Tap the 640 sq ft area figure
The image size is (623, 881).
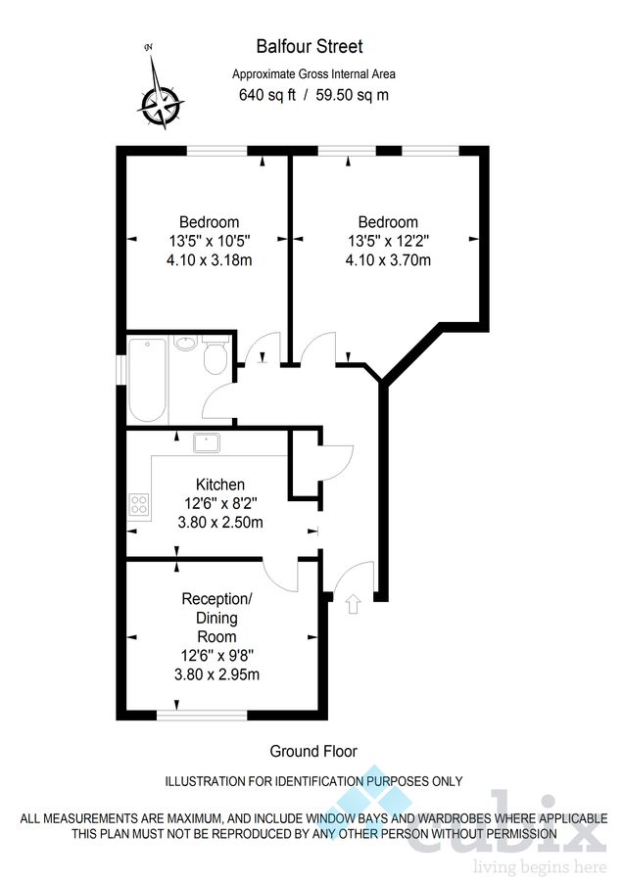pyautogui.click(x=266, y=95)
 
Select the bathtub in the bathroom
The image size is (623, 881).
pyautogui.click(x=147, y=380)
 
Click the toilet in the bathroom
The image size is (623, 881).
pyautogui.click(x=216, y=359)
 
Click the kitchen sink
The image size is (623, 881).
pyautogui.click(x=207, y=443)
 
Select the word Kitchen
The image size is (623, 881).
pyautogui.click(x=220, y=485)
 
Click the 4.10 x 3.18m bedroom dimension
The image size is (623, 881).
pyautogui.click(x=209, y=260)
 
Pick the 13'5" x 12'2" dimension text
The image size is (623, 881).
pyautogui.click(x=388, y=241)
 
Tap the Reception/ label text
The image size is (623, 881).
pyautogui.click(x=217, y=598)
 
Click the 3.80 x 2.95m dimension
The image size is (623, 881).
pyautogui.click(x=217, y=674)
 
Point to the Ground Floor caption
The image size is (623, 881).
pyautogui.click(x=313, y=751)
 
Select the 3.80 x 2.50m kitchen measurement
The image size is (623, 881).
pyautogui.click(x=220, y=523)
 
